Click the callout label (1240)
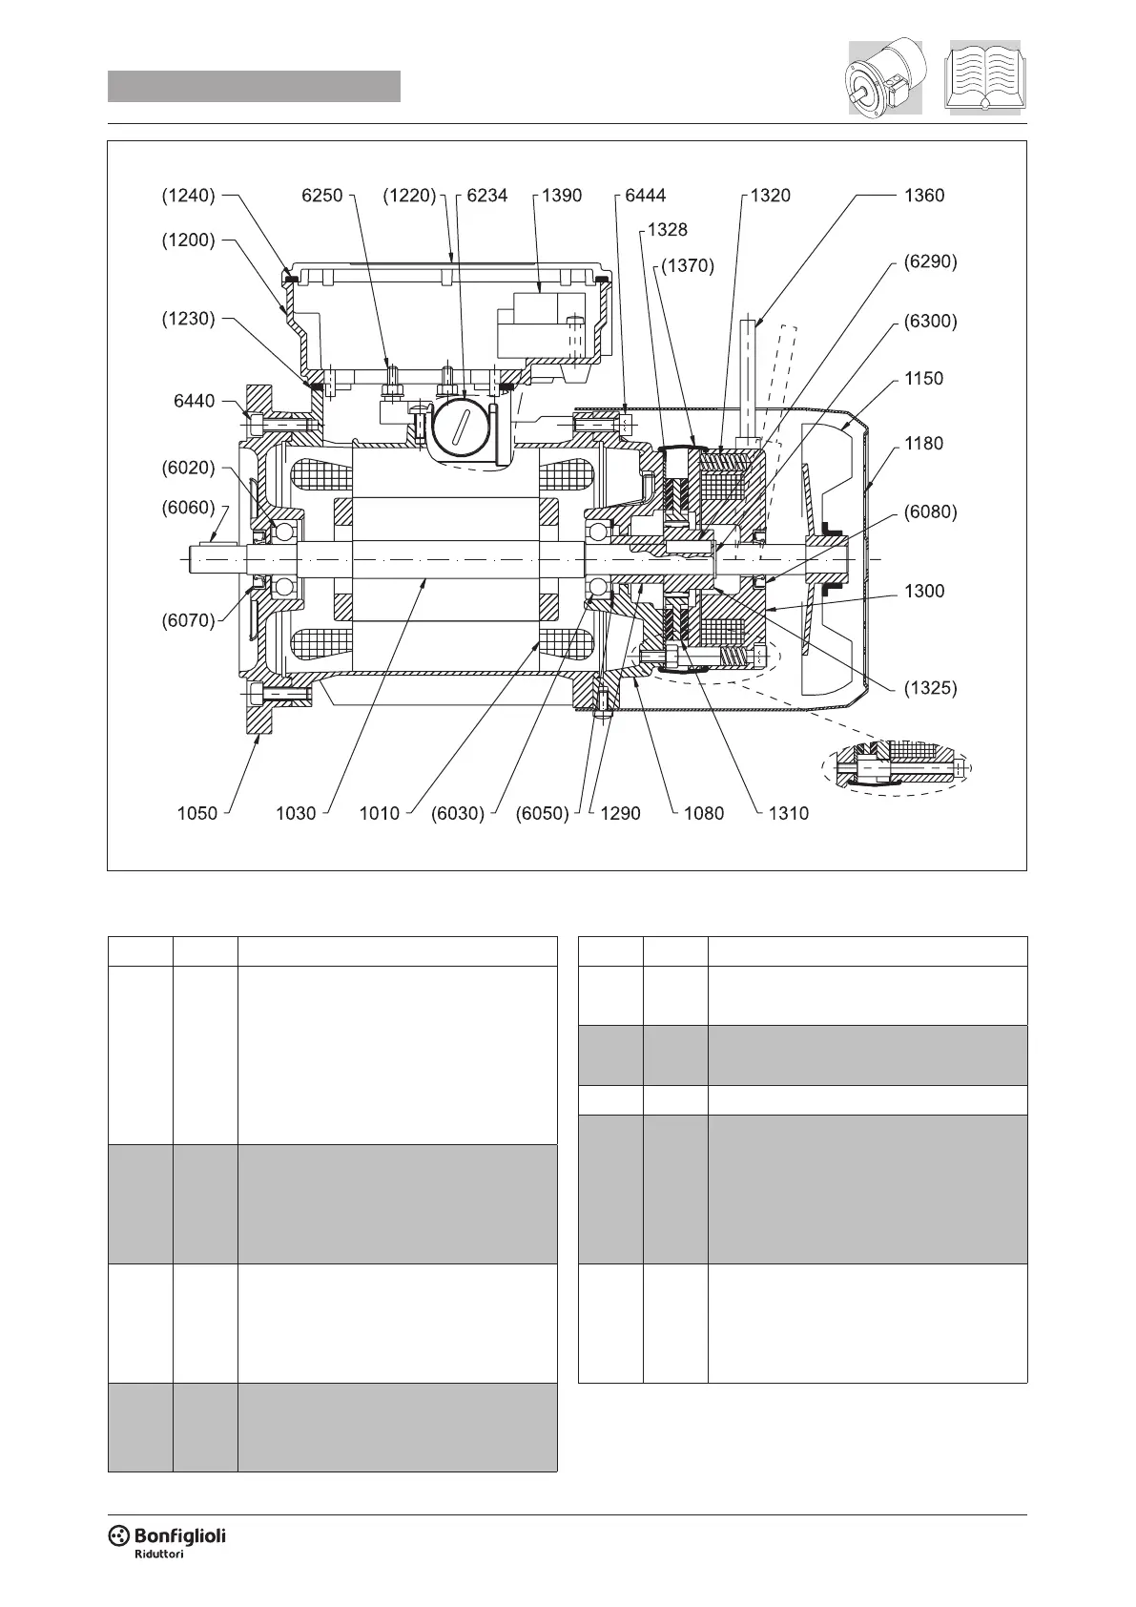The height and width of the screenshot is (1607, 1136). (187, 196)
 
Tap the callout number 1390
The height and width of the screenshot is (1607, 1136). (561, 196)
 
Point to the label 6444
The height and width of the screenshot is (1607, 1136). (645, 196)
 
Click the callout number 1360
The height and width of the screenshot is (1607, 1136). (923, 196)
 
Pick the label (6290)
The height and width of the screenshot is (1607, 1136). (930, 261)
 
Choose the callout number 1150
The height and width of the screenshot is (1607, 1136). (923, 378)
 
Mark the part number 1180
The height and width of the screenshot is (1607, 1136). (923, 443)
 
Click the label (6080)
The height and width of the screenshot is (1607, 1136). (930, 511)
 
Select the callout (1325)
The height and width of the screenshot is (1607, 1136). (930, 687)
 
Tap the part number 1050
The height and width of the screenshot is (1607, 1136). (197, 813)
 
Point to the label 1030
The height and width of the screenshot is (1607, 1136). (296, 813)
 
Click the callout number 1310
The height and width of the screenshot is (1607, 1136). (789, 813)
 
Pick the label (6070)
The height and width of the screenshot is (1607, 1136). (187, 620)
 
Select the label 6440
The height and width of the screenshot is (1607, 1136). (194, 401)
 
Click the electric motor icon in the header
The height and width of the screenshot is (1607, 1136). (884, 78)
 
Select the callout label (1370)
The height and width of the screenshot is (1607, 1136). (685, 266)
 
